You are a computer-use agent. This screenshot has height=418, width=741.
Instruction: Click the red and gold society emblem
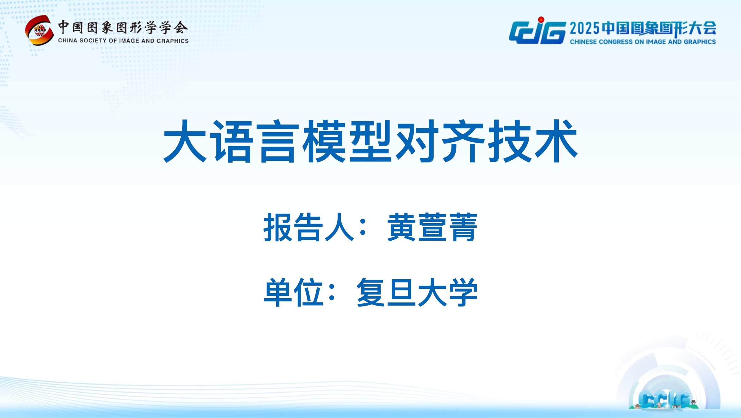point(39,30)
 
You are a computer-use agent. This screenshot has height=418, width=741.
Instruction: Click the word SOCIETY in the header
point(93,41)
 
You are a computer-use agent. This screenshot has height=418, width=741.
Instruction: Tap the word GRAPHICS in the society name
point(172,41)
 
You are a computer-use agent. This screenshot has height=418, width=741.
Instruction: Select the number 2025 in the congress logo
point(584,28)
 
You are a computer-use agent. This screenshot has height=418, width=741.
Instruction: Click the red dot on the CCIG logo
point(541,20)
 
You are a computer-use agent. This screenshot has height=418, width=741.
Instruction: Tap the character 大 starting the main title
point(185,141)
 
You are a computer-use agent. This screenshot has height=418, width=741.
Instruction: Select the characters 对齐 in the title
point(440,141)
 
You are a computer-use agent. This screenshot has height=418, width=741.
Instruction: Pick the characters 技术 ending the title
point(533,141)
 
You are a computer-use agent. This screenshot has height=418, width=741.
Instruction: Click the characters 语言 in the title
point(255,141)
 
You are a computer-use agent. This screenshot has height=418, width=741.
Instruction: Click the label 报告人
point(308,227)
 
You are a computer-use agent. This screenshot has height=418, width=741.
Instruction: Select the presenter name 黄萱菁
point(432,227)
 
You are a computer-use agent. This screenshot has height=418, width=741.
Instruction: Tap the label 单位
point(293,292)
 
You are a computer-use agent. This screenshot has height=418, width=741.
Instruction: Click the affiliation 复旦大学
point(417,292)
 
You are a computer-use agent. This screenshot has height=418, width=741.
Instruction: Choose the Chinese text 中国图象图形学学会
point(123,28)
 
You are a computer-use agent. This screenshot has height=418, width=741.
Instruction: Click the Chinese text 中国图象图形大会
point(659,28)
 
